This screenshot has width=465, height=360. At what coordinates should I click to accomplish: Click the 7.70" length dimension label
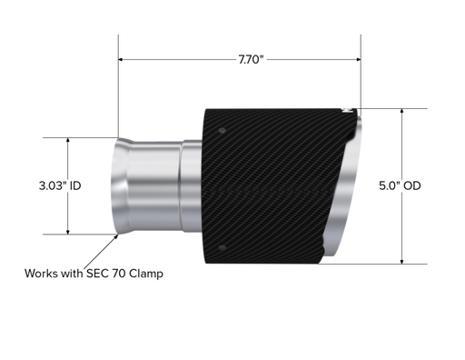[251, 59]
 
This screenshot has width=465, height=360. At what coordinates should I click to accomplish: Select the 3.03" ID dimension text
[60, 185]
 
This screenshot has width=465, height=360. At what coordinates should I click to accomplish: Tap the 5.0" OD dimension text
[400, 185]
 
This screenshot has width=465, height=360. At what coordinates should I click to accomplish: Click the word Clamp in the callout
[146, 274]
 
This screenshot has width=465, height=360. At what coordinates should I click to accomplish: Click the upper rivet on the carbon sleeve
[222, 131]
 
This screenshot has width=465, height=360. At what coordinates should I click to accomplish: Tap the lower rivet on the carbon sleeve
[222, 248]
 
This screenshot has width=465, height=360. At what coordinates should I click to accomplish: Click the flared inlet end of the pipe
[121, 185]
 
